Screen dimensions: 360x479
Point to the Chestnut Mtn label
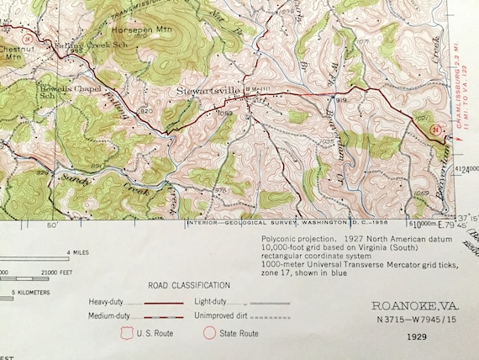[x=12, y=54]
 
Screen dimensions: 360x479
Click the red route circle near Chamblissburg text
[x=434, y=130]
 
